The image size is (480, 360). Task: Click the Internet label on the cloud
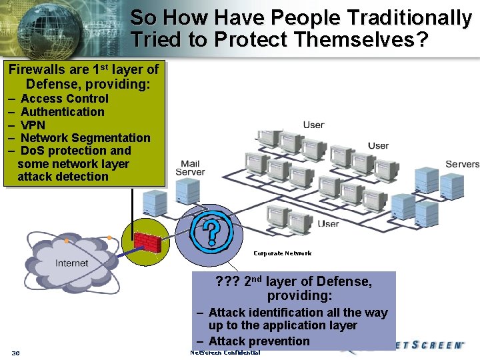pos(71,263)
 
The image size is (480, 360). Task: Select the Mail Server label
pos(190,168)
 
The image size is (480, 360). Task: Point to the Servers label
pos(462,164)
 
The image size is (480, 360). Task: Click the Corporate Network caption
pos(282,253)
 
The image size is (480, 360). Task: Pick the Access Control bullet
pos(65,99)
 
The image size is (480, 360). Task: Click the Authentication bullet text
pos(63,112)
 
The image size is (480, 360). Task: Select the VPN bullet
pos(33,125)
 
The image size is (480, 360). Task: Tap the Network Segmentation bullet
pos(86,138)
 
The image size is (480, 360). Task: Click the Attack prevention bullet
pos(259,341)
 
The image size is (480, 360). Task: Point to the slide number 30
pos(15,353)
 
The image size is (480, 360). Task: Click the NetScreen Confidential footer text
pos(225,353)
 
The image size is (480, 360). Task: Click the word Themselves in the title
pos(353,39)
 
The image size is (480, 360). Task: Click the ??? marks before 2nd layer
pos(227,282)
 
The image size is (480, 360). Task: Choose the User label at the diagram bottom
pos(328,224)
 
